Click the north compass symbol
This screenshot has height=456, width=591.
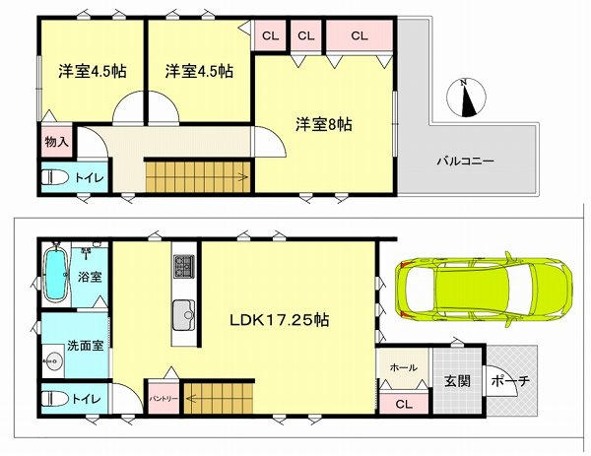(466, 98)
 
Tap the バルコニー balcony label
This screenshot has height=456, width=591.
(466, 162)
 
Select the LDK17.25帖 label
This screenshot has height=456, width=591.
(280, 320)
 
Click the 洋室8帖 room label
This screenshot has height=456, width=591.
(324, 124)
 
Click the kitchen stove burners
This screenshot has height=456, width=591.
(184, 266)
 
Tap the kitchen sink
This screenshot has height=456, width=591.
(184, 315)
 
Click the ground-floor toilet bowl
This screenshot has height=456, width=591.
(54, 398)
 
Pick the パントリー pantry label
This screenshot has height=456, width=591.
(164, 398)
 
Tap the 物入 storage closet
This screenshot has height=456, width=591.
(57, 141)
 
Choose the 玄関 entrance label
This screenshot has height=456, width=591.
(457, 381)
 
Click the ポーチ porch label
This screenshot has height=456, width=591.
(510, 381)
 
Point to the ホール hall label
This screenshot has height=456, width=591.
(404, 367)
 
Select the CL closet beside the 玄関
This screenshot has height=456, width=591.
(404, 404)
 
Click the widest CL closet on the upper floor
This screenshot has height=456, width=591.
(360, 35)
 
